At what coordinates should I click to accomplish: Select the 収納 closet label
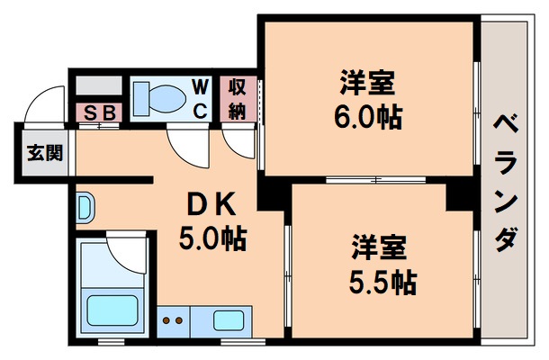(237, 99)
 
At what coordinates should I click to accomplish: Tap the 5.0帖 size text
(212, 239)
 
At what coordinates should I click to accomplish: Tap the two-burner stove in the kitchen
(173, 320)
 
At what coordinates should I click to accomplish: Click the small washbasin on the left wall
(84, 209)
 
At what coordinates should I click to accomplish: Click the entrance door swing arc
(43, 103)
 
